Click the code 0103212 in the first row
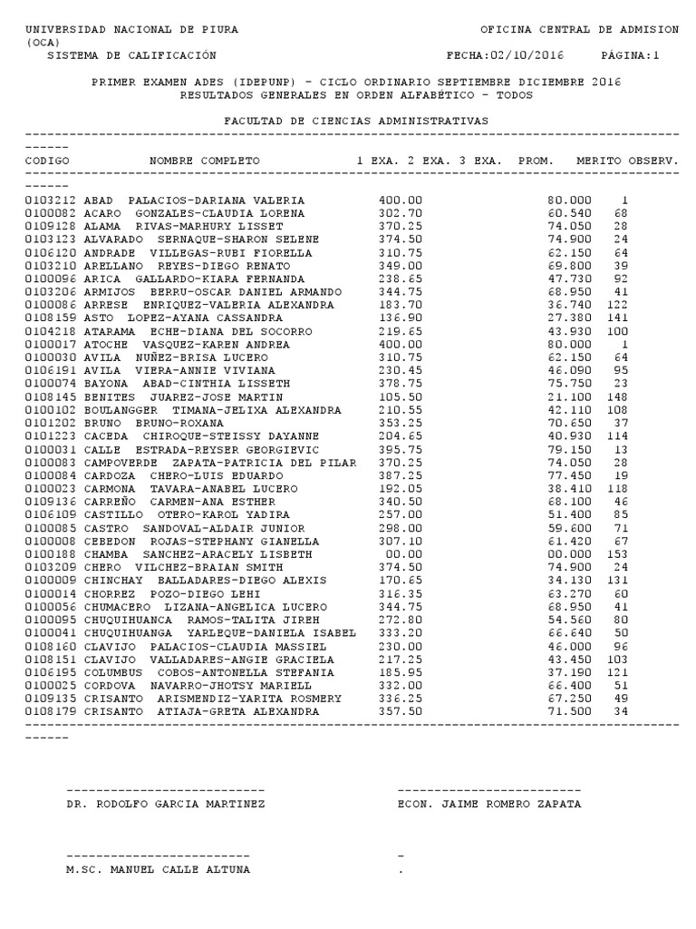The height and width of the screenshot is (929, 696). pos(51,200)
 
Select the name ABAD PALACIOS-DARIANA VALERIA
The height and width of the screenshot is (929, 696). pos(194,200)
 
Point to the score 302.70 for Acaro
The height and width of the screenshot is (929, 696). pos(400,213)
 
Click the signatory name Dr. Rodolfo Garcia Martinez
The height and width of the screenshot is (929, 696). pos(166,804)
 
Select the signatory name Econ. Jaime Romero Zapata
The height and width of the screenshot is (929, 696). pos(489,804)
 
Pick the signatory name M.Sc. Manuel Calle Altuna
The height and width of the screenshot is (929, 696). pos(159,869)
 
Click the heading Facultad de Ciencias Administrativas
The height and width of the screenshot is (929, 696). pos(355,120)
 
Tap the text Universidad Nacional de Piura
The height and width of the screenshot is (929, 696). pos(132,30)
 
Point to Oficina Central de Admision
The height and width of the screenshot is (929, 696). pos(578,30)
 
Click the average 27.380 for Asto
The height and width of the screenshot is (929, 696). pos(569,318)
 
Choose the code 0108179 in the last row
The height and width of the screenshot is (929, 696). pos(51,711)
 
